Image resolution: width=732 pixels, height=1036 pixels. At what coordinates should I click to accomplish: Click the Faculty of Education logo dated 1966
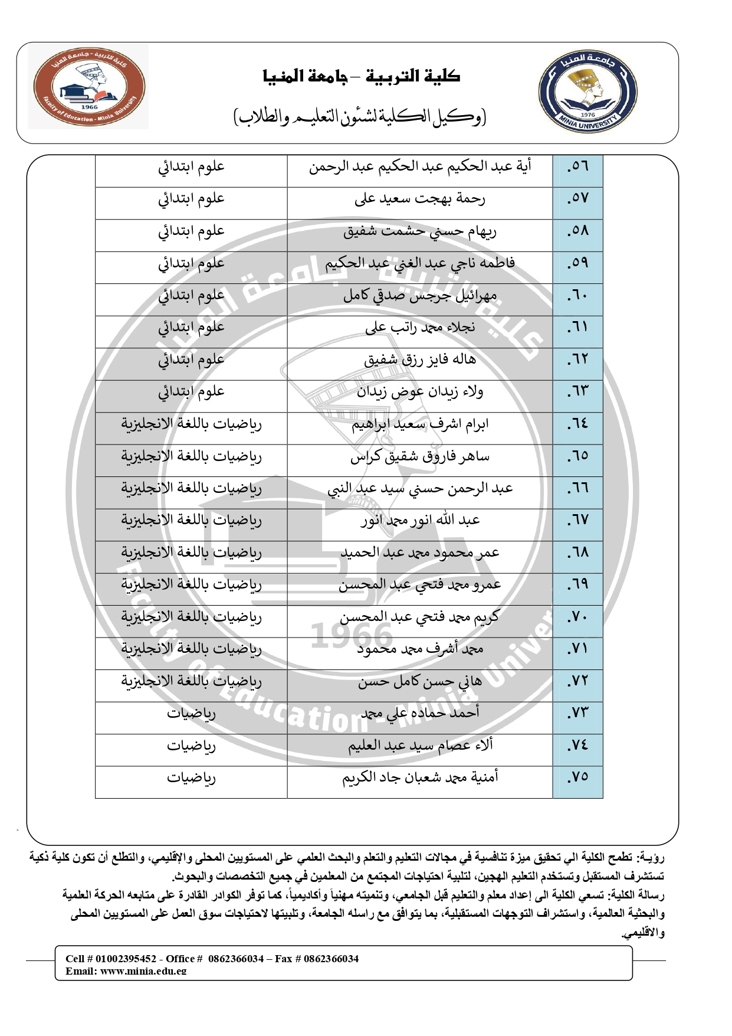89,88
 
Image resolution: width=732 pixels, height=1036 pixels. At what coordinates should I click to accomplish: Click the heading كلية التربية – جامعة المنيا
362,77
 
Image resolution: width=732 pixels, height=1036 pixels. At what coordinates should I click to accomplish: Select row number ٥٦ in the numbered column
577,167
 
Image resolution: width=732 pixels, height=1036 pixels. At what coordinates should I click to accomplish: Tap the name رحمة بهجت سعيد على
419,199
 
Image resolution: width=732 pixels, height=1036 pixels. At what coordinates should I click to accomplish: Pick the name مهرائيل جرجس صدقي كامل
419,295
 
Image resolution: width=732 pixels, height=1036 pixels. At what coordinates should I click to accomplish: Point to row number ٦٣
577,391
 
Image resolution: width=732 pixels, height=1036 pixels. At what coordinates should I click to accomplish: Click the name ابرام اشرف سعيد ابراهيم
419,424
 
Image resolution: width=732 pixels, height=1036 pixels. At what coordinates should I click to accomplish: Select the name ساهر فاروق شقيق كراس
419,456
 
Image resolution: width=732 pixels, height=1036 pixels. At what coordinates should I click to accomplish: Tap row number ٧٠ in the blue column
577,617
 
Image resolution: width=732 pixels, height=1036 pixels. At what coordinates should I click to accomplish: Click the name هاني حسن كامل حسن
419,681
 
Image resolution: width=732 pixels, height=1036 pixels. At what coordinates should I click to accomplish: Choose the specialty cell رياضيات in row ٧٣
191,713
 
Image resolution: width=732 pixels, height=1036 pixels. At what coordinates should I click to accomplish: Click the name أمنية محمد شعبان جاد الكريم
419,777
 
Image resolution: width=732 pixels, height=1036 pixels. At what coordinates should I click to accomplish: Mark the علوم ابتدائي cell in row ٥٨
191,231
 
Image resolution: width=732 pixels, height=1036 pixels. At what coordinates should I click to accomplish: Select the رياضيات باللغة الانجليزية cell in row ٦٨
191,553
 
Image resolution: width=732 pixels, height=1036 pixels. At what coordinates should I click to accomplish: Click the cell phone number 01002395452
126,959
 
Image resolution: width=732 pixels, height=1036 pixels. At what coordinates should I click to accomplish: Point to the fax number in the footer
331,959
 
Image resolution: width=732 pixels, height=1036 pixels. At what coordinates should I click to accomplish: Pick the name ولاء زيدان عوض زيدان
419,391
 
